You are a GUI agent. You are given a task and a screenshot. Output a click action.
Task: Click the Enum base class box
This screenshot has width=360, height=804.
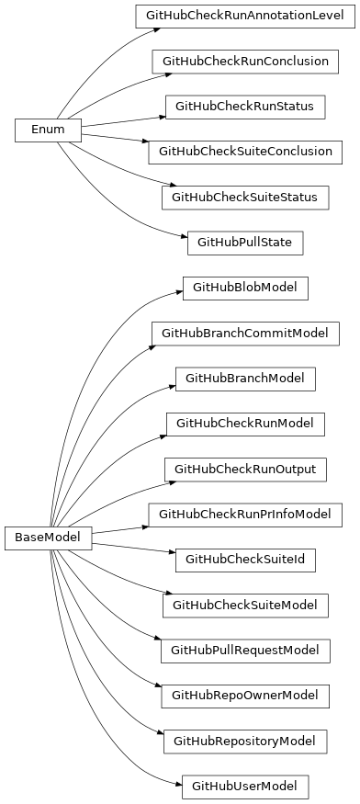(x=48, y=130)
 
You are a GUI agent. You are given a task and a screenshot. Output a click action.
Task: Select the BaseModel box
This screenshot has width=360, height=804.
(x=48, y=538)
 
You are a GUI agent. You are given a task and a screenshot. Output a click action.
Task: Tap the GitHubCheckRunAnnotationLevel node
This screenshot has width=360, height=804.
(x=245, y=17)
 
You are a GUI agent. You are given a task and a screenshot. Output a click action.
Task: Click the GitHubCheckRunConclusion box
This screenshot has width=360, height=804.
(x=245, y=62)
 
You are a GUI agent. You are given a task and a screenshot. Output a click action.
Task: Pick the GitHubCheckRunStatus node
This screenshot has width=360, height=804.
(x=245, y=107)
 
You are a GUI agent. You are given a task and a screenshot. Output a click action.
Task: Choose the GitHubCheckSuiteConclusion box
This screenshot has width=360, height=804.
(x=245, y=152)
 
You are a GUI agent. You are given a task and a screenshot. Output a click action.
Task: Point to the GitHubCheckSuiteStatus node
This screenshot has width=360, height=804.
(x=245, y=197)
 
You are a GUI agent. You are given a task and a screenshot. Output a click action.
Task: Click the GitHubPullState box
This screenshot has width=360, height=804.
(x=245, y=243)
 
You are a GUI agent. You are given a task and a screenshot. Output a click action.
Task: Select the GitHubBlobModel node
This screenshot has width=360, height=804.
(x=245, y=288)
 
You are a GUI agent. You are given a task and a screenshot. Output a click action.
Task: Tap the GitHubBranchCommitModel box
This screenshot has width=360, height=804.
(x=245, y=333)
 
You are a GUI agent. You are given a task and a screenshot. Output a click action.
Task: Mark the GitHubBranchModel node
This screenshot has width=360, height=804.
(x=245, y=378)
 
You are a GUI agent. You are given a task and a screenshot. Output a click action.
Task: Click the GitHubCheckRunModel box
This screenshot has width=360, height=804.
(x=245, y=424)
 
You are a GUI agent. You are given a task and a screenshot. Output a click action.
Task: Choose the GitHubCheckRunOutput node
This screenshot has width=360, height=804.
(x=245, y=469)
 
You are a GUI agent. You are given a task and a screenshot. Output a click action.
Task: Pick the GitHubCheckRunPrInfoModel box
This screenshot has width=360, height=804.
(x=245, y=514)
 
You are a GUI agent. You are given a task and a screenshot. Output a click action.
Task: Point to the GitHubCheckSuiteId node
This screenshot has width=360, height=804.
(x=245, y=559)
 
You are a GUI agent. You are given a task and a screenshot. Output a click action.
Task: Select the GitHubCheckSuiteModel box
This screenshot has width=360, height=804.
(x=245, y=605)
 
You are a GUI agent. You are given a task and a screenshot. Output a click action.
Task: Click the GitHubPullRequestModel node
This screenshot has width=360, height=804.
(x=245, y=650)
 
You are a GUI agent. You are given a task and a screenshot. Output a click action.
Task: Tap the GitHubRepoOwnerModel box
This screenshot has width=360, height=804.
(x=245, y=695)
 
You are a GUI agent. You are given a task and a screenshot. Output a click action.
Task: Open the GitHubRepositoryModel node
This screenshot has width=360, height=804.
(x=245, y=741)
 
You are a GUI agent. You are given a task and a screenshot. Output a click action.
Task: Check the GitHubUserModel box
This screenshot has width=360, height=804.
(x=245, y=786)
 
